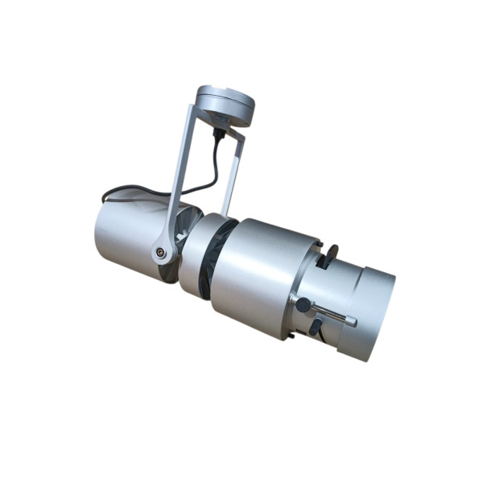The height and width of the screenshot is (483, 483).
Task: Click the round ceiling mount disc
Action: coord(225,103)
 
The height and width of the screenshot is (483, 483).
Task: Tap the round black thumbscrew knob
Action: coord(303,304)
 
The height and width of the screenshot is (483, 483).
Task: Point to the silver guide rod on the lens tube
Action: coord(330,314)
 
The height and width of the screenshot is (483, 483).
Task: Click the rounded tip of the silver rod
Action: coord(353,321)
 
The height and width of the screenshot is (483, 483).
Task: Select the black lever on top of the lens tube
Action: coord(329,255)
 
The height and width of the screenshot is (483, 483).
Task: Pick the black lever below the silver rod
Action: coord(316,325)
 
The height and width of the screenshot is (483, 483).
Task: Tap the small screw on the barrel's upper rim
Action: coord(319,246)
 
